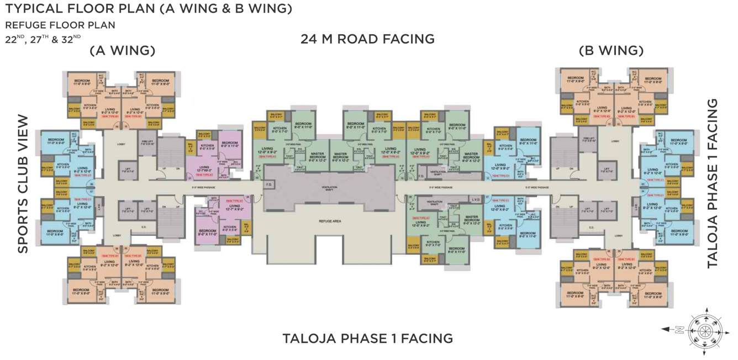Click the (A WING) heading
pyautogui.click(x=123, y=51)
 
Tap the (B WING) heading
pyautogui.click(x=611, y=51)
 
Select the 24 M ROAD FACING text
pyautogui.click(x=367, y=39)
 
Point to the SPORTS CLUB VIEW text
pyautogui.click(x=23, y=184)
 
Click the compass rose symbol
pyautogui.click(x=704, y=329)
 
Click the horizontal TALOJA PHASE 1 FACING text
pyautogui.click(x=367, y=338)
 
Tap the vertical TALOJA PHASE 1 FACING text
pyautogui.click(x=713, y=184)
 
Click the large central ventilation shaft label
pyautogui.click(x=329, y=188)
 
